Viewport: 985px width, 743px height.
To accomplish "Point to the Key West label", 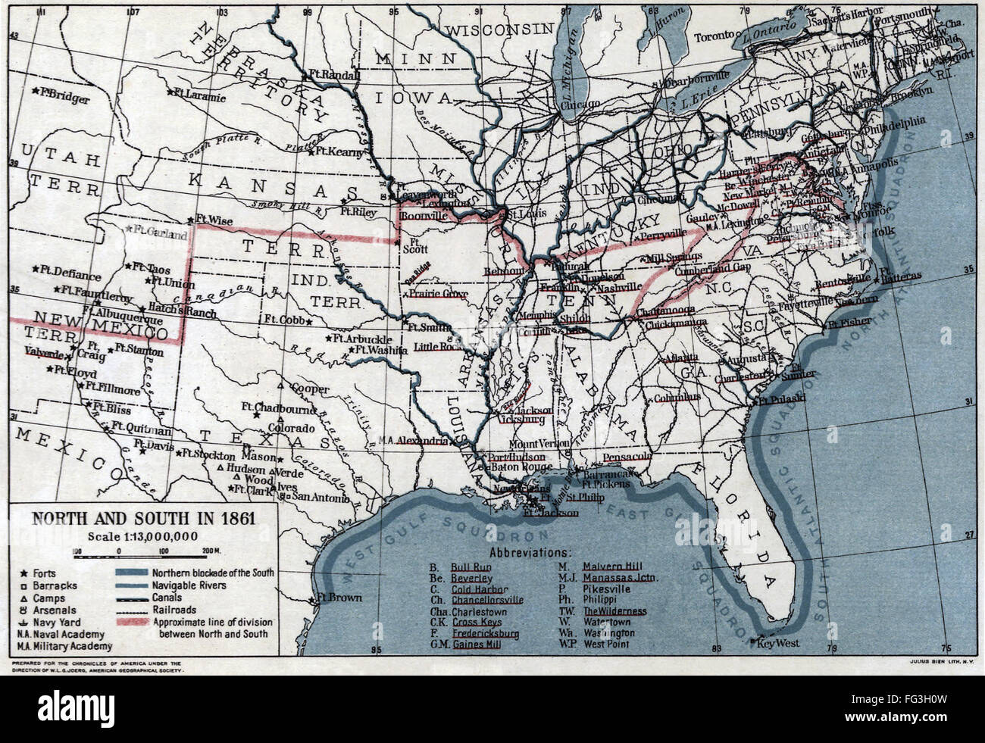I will [780, 643].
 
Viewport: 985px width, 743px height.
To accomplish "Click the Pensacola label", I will [627, 457].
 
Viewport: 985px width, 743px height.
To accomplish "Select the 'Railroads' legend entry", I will [174, 609].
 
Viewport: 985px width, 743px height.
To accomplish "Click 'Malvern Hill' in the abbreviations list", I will [613, 565].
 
